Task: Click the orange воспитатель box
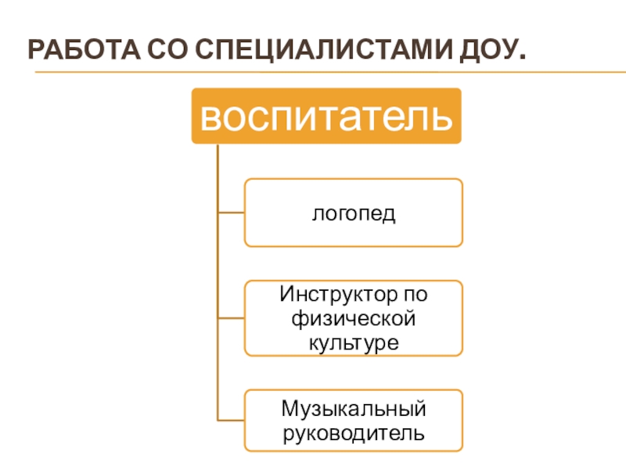click(x=326, y=116)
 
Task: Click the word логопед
click(x=353, y=213)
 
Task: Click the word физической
click(x=353, y=319)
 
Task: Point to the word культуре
click(x=353, y=342)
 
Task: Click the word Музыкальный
click(x=353, y=408)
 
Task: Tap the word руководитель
click(x=353, y=431)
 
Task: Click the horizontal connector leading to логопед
click(x=232, y=213)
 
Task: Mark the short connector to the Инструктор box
click(x=232, y=318)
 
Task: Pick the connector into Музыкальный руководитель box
click(x=232, y=421)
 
